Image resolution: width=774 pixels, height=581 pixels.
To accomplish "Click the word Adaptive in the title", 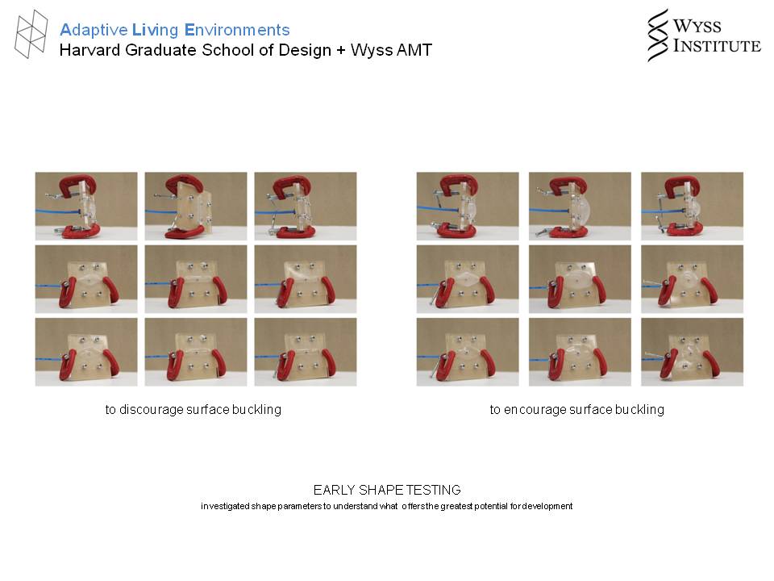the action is [94, 30].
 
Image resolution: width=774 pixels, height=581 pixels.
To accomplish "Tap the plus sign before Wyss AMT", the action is [340, 50].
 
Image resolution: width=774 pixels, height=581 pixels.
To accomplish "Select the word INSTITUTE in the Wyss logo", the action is [718, 45].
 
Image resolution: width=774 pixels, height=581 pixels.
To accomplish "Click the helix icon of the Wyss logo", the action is [658, 35].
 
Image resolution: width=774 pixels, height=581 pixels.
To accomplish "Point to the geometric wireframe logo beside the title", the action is [31, 34].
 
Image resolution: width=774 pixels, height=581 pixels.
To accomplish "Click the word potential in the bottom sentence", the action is [492, 507].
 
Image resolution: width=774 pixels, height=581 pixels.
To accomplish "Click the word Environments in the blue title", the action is [237, 30].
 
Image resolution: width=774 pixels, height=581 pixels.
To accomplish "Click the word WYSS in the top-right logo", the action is [697, 26].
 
